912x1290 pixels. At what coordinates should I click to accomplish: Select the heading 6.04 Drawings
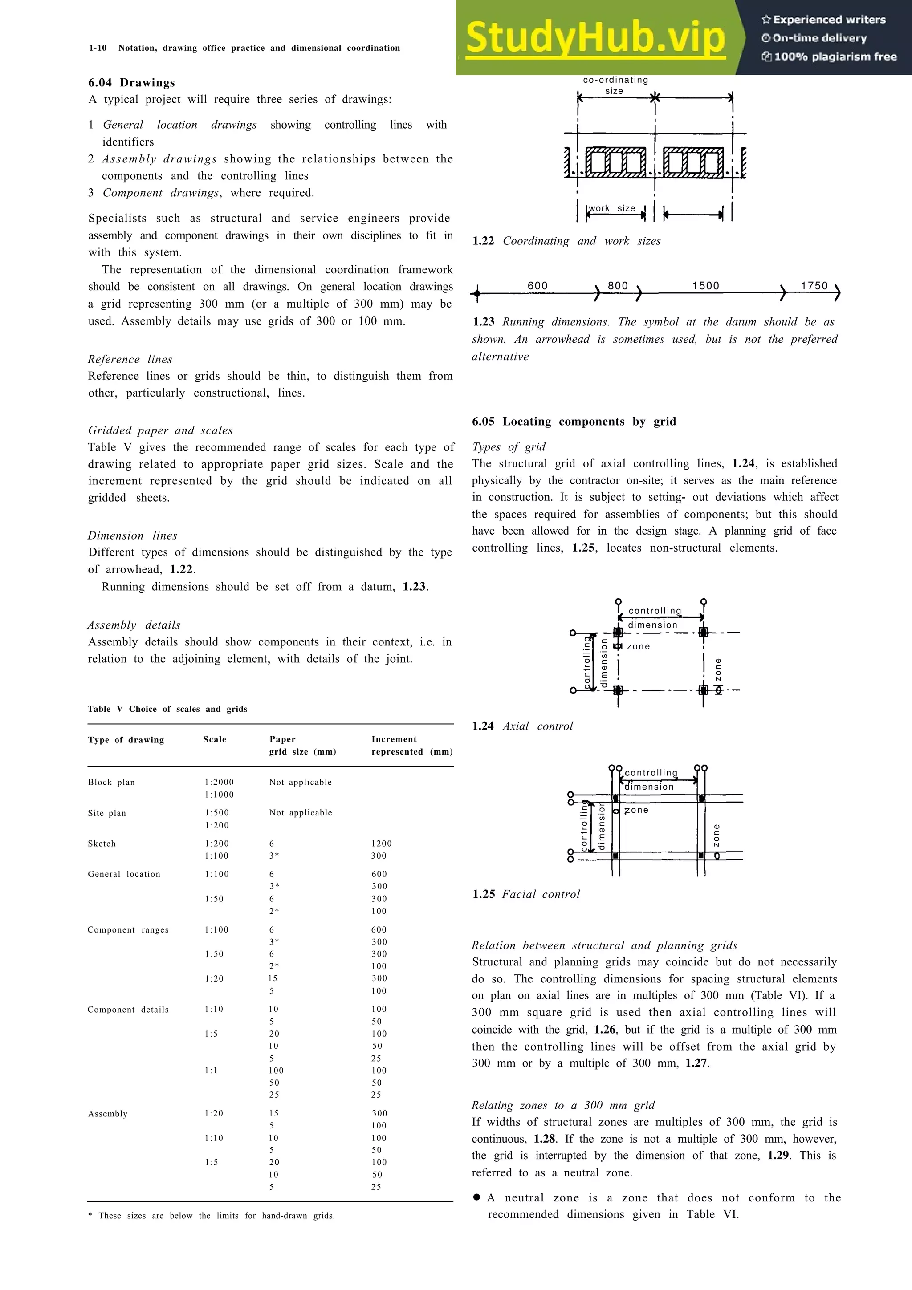tap(131, 83)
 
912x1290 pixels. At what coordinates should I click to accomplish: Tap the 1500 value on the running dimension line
tap(705, 285)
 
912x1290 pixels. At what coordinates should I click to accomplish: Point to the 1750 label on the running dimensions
tap(814, 285)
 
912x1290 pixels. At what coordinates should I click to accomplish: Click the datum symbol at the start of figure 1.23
tap(477, 293)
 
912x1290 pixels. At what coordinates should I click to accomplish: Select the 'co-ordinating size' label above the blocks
tap(615, 85)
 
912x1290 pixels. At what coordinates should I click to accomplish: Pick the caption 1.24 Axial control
tap(523, 726)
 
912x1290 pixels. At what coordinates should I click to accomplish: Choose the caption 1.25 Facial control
tap(526, 894)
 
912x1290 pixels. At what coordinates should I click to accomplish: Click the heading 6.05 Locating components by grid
tap(574, 422)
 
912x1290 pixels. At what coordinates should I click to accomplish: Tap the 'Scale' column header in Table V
tap(215, 739)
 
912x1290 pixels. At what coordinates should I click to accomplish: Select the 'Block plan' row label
tap(111, 782)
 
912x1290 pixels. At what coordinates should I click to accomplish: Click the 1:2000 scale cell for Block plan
tap(219, 782)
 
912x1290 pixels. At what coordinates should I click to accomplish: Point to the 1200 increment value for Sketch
tap(382, 844)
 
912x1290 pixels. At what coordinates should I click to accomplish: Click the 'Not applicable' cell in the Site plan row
tap(301, 812)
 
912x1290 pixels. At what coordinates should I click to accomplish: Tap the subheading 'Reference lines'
tap(130, 359)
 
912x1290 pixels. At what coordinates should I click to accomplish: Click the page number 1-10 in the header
tap(98, 48)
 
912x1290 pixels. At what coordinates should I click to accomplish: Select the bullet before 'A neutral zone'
tap(476, 1197)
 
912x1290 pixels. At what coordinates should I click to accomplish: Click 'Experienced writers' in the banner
tap(824, 20)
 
